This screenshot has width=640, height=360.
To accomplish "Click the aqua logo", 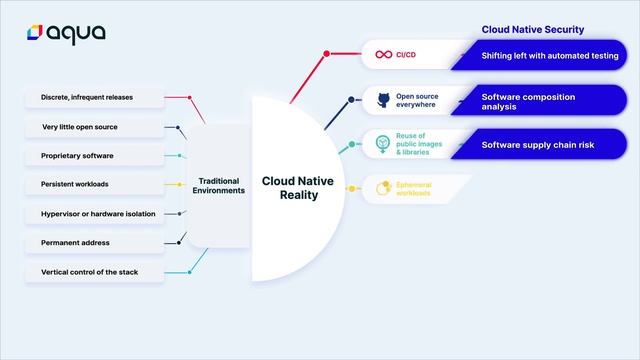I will coord(66,33).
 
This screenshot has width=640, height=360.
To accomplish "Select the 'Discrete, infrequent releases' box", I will coord(94,97).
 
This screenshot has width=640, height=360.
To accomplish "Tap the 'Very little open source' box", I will coord(94,127).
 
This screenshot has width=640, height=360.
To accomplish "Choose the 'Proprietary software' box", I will coord(94,156).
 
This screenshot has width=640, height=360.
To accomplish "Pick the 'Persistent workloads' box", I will coord(94,185).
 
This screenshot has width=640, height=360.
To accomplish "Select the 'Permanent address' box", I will coord(94,243).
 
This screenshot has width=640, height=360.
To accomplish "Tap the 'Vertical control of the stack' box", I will coord(94,272).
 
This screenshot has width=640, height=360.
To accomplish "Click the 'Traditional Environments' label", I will coord(218,185).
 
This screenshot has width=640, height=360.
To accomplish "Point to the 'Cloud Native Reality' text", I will coord(290,188).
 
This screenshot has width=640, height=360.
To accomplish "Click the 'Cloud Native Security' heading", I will coord(533,30).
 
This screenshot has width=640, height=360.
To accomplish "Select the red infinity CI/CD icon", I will coord(381,55).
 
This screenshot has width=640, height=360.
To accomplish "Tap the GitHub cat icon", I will coord(382,100).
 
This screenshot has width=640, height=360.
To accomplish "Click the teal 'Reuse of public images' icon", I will coord(382,144).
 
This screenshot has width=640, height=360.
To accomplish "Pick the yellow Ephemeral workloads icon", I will coord(381,188).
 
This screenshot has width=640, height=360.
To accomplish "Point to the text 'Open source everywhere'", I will coord(416,100).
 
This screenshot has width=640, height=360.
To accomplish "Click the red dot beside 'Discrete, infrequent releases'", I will coord(190,97).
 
